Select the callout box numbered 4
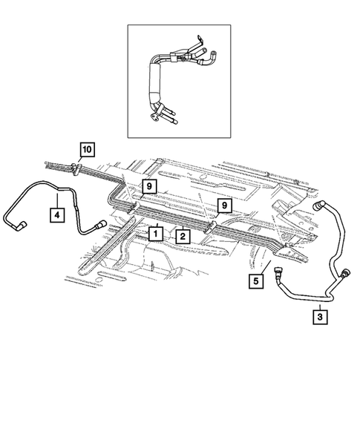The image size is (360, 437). (x=56, y=215)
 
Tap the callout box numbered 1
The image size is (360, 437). (x=155, y=233)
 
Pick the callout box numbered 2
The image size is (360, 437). (x=180, y=235)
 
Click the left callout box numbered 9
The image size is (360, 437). (x=149, y=185)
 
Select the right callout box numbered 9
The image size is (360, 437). (x=221, y=204)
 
